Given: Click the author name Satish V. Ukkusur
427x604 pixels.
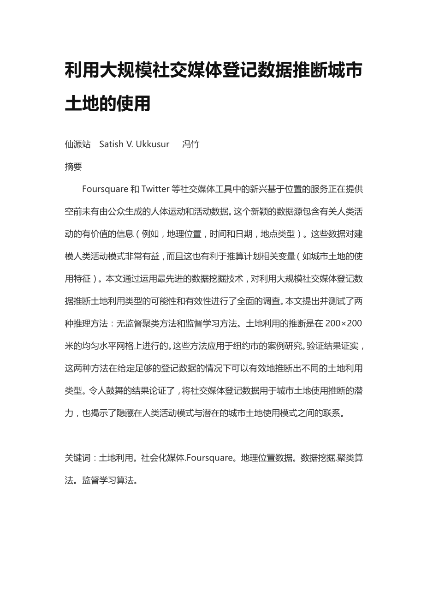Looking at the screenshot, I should point(134,144).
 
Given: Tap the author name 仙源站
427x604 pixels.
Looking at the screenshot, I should point(77,144).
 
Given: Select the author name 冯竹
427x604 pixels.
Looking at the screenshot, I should point(190,144).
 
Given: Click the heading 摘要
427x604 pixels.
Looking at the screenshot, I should point(73,167).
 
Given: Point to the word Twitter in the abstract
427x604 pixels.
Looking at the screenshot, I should point(155,189).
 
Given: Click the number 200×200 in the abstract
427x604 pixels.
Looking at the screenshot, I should point(344,323).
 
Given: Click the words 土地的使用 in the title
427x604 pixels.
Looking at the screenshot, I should point(107,103).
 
